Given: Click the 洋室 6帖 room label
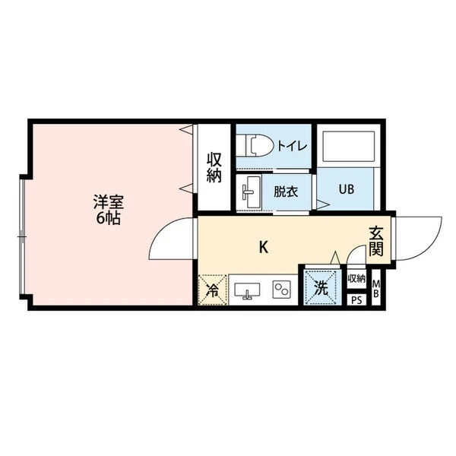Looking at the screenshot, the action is coord(109,210).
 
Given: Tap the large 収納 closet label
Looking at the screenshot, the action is coord(214,167).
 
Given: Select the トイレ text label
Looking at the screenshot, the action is coord(292,146).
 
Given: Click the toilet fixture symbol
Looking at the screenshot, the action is coord(255,145).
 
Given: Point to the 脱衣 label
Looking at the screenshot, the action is coord(286,192).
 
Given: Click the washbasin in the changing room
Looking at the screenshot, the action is coord(249,192).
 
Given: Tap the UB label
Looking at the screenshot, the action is coord(347,189).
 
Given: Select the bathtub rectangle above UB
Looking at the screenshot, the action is coord(349,146).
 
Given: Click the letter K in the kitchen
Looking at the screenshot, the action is coord(264,248).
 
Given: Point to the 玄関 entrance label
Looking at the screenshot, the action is coord(376,241).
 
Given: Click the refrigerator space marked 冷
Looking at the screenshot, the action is coord(213,290).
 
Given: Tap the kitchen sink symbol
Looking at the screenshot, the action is coord(247,290).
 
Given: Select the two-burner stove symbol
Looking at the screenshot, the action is coord(281,289).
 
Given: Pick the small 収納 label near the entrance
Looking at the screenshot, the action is coord(356,279).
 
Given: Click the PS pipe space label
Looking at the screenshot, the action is coord(357,300).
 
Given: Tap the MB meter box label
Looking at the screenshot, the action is coord(375,289).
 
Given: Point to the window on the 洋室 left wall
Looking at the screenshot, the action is coord(22,236).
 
